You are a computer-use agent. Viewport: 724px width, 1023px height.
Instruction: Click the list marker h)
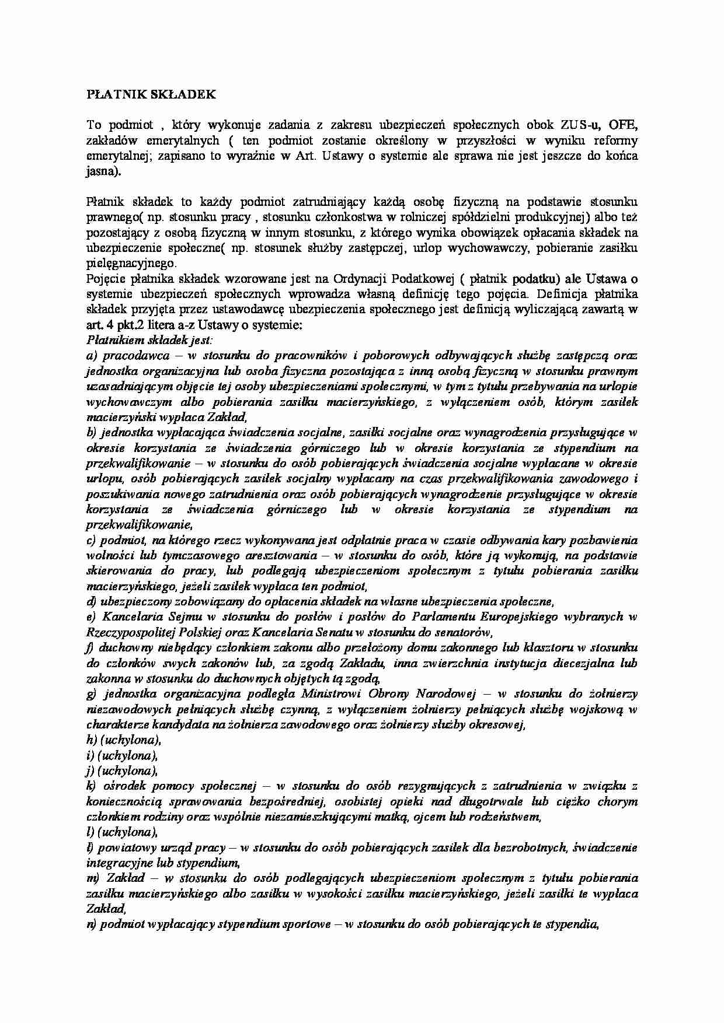pyautogui.click(x=92, y=740)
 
